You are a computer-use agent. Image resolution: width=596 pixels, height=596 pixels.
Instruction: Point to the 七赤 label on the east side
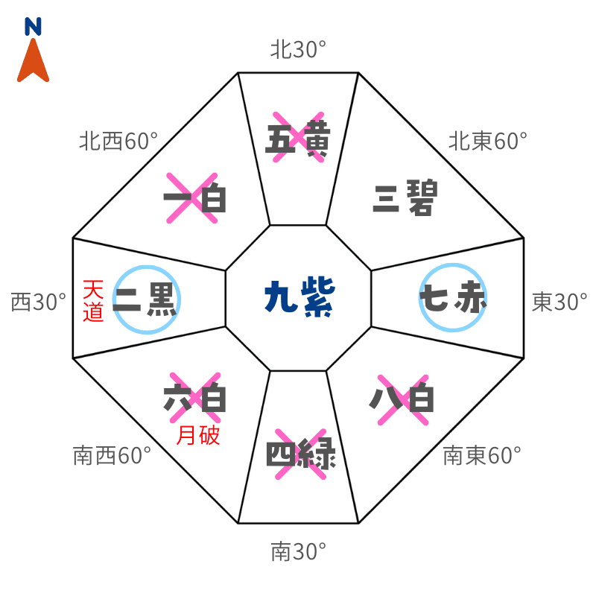pyautogui.click(x=453, y=299)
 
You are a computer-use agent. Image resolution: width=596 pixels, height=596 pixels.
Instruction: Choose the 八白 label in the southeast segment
pyautogui.click(x=402, y=400)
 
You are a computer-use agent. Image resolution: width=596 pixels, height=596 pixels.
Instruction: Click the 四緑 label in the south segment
pyautogui.click(x=301, y=453)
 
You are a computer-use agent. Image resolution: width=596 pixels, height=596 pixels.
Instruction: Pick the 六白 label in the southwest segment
pyautogui.click(x=194, y=399)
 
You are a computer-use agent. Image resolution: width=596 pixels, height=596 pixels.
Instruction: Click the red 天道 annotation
pyautogui.click(x=93, y=300)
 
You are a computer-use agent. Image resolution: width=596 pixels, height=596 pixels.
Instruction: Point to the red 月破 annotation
pyautogui.click(x=198, y=436)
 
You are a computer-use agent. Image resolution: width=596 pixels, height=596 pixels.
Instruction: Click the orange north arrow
pyautogui.click(x=33, y=62)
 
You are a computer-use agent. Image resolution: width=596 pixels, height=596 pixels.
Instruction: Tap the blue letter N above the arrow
pyautogui.click(x=33, y=27)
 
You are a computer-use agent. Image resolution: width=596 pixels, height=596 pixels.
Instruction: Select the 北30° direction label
pyautogui.click(x=298, y=50)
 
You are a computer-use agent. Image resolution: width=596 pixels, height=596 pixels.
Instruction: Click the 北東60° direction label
pyautogui.click(x=487, y=140)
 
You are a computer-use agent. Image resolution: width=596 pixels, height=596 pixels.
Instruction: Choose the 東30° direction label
pyautogui.click(x=559, y=302)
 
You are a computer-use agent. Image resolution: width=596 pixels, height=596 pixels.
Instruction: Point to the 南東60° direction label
pyautogui.click(x=481, y=455)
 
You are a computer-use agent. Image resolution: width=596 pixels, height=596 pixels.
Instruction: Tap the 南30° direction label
pyautogui.click(x=298, y=552)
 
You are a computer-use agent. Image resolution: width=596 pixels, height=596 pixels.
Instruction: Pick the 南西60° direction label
pyautogui.click(x=112, y=455)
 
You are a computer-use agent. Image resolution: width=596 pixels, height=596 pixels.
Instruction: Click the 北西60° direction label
pyautogui.click(x=118, y=140)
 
